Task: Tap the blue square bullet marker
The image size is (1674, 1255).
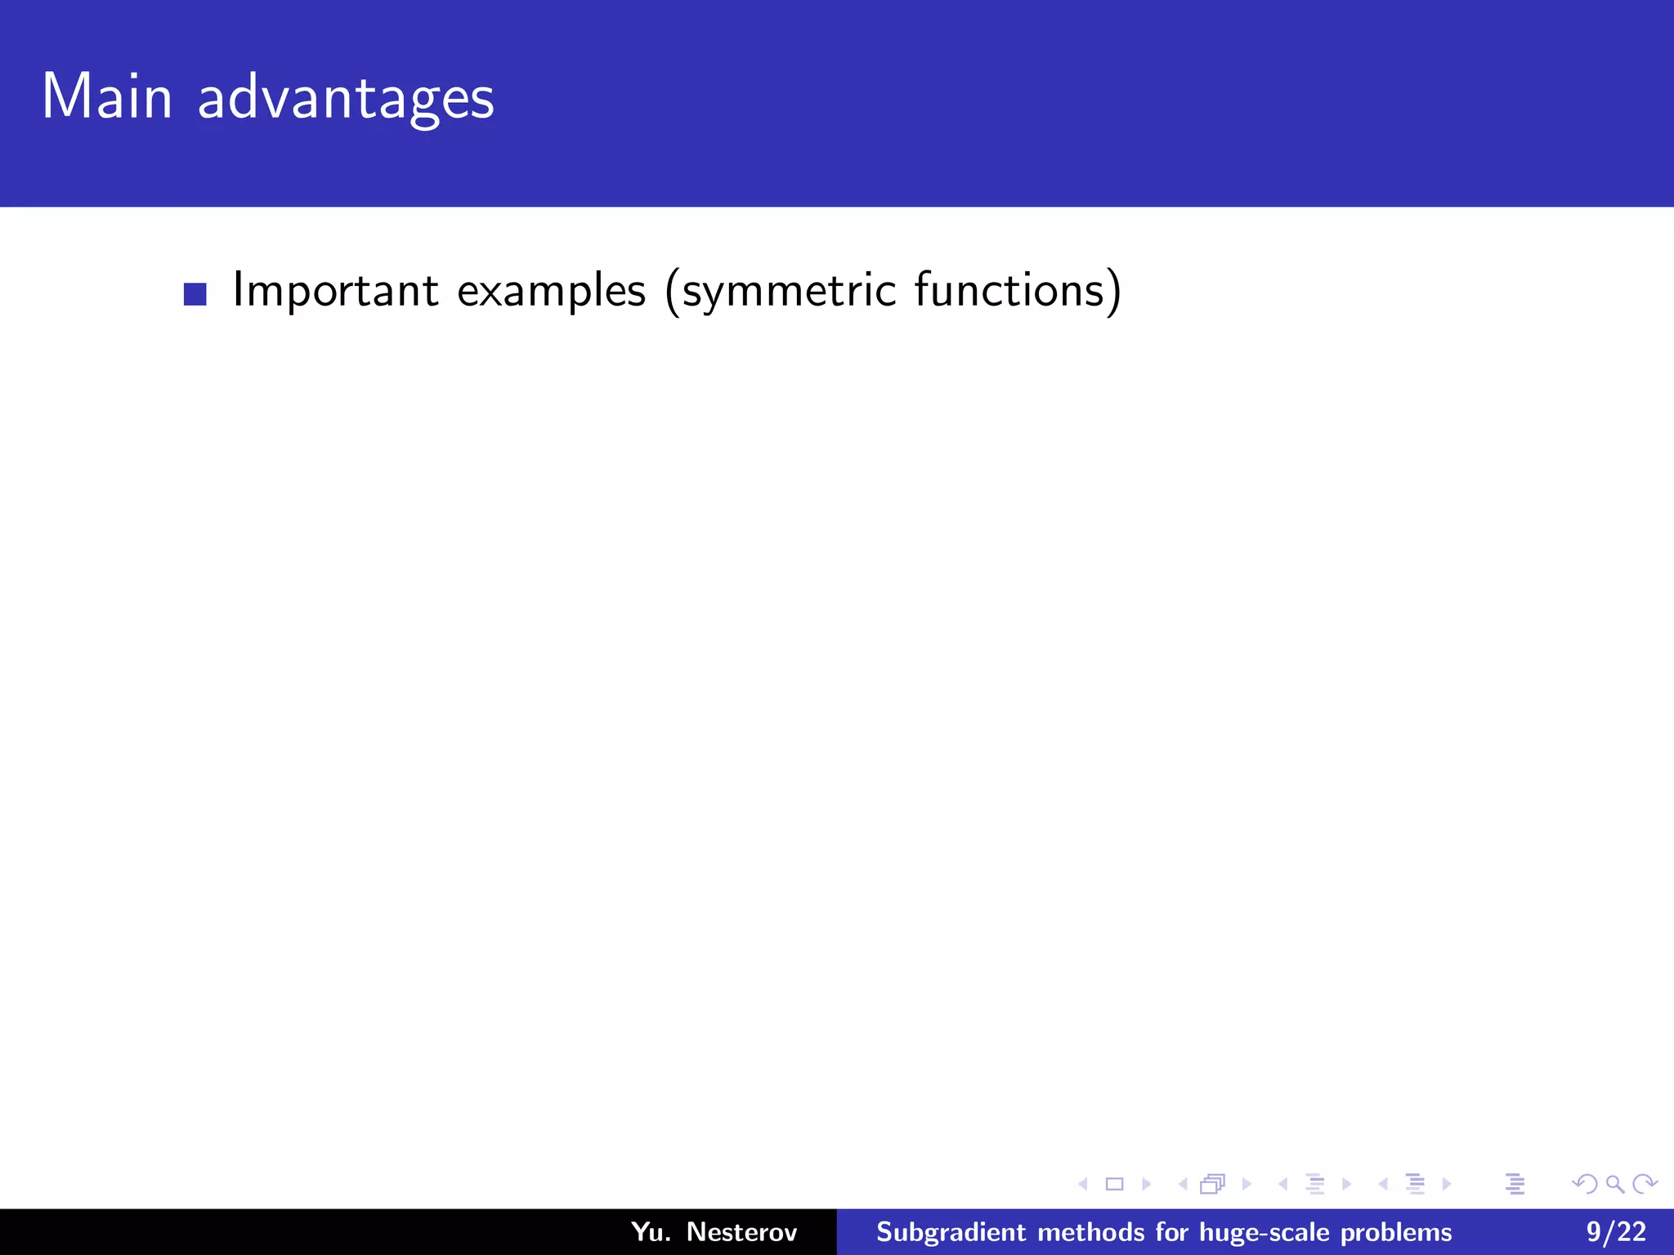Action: point(195,294)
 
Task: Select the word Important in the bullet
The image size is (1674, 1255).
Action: point(336,291)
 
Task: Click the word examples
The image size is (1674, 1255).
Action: point(551,291)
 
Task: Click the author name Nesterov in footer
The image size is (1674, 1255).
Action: point(741,1232)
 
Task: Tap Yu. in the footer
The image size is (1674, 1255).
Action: point(651,1232)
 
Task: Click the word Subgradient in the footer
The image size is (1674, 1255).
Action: point(951,1232)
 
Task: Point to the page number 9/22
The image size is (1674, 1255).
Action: point(1616,1232)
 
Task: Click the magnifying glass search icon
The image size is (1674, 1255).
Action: point(1614,1184)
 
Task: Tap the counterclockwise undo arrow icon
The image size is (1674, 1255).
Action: point(1585,1184)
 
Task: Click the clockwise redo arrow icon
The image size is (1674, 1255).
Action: point(1644,1184)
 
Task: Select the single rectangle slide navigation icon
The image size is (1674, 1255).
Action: point(1114,1184)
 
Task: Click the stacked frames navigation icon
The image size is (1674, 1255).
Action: point(1213,1184)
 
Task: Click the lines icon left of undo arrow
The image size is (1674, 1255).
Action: point(1515,1184)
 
